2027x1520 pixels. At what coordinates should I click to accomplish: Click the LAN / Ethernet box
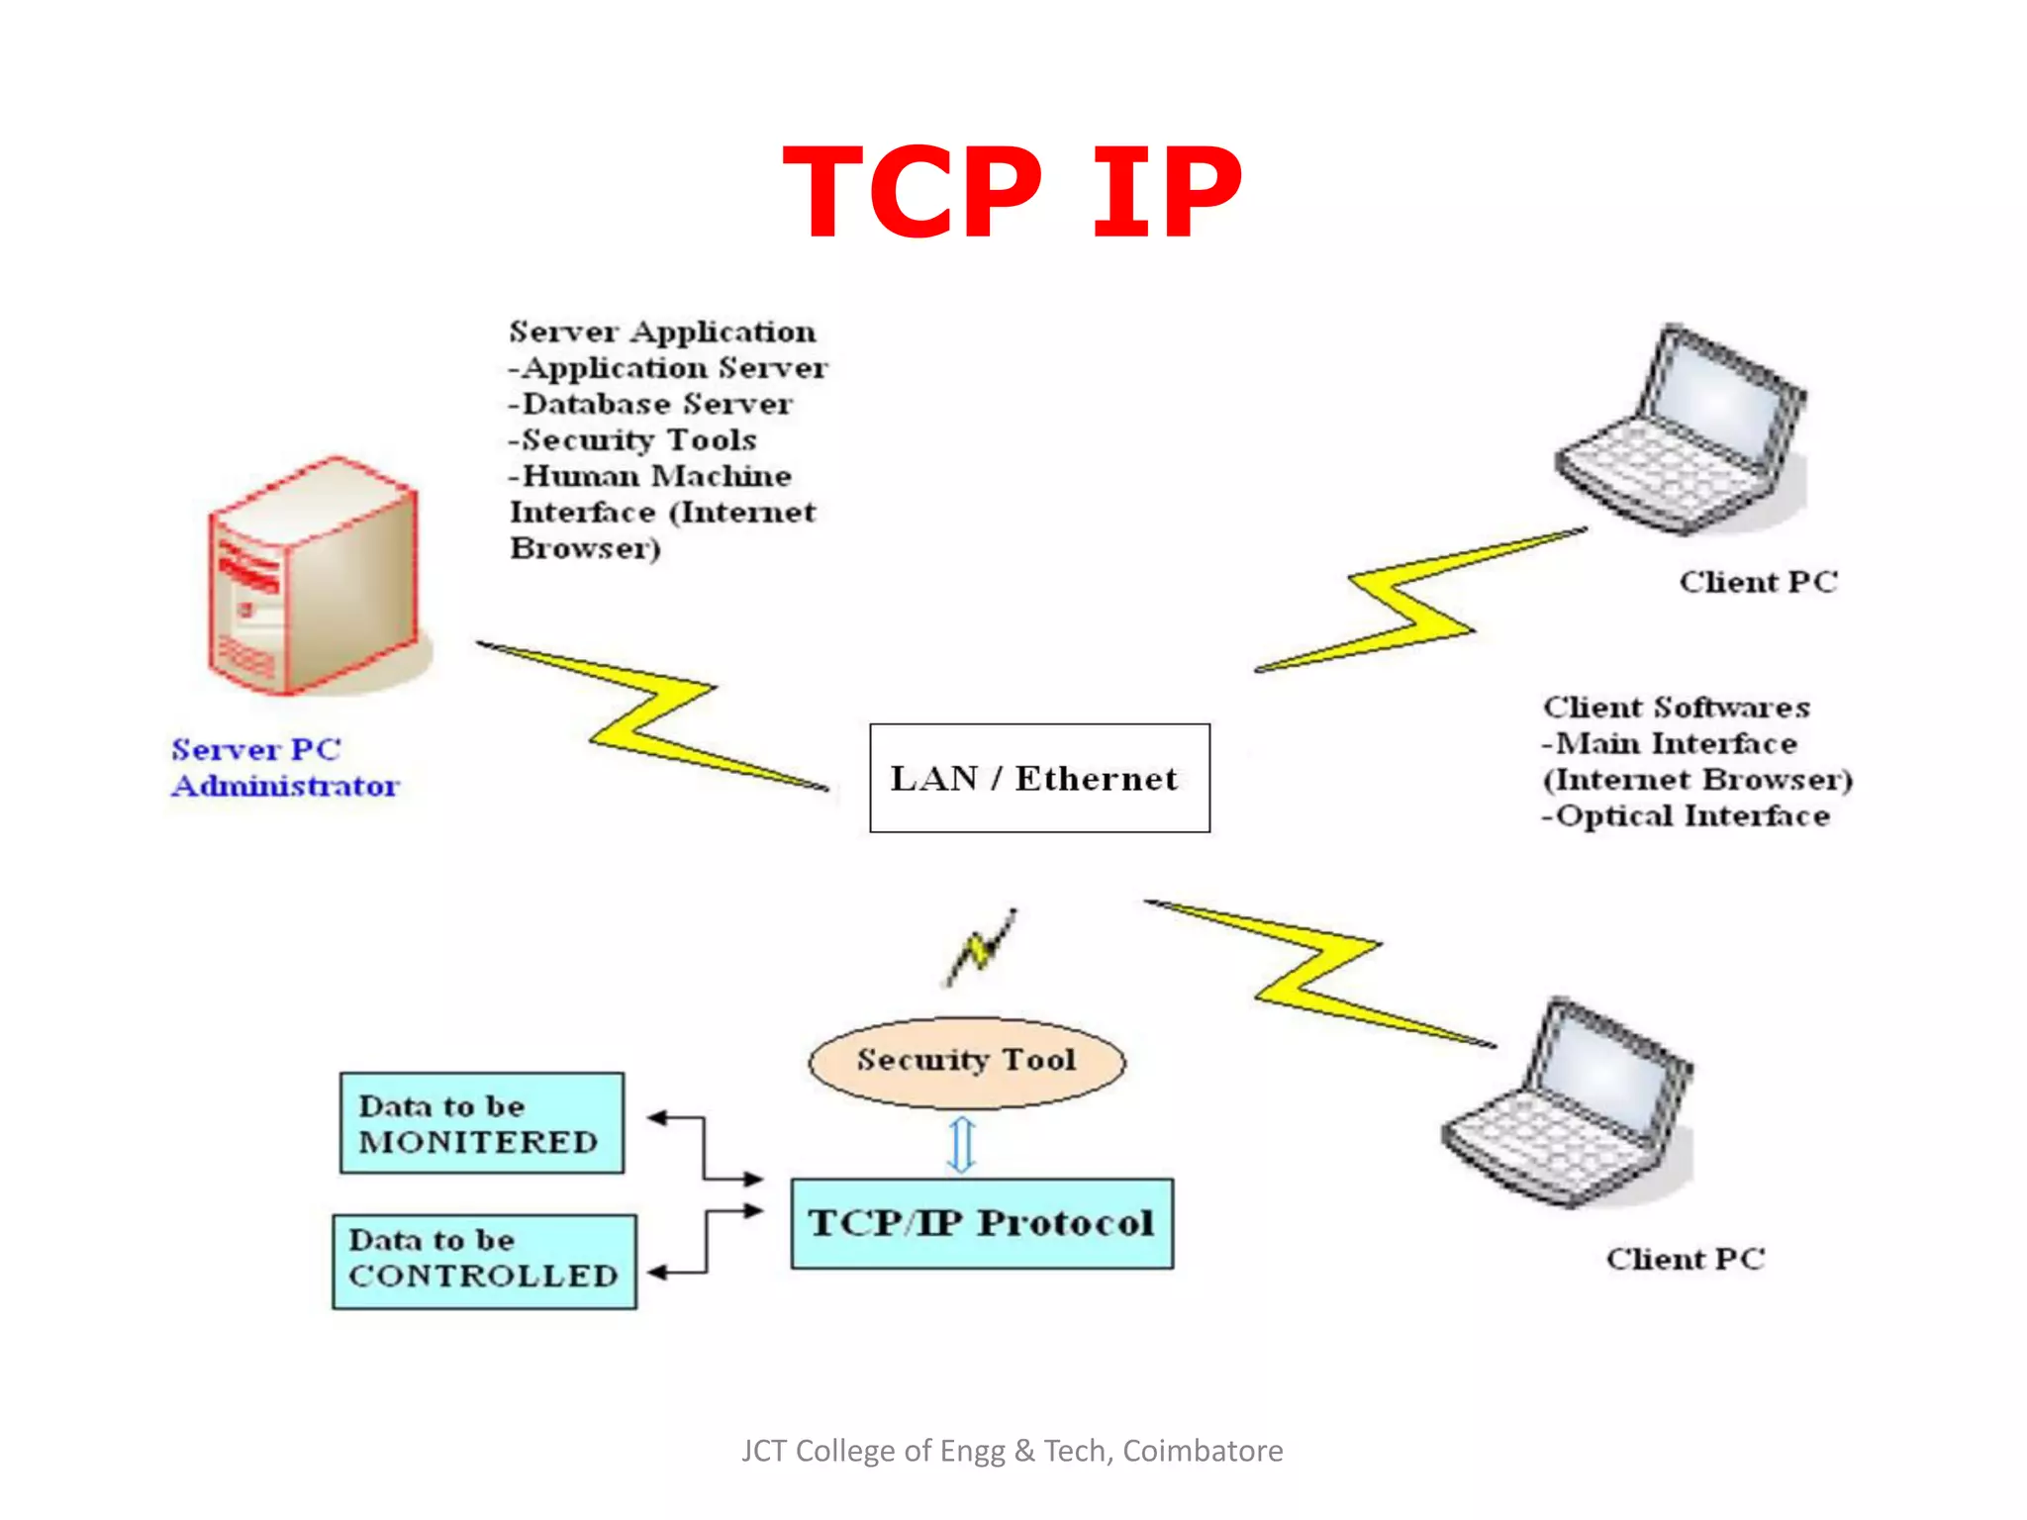[1039, 778]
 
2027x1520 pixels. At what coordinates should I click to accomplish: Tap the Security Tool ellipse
[967, 1062]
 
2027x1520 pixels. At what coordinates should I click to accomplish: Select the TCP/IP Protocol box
[982, 1223]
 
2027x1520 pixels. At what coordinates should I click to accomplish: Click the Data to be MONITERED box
[481, 1123]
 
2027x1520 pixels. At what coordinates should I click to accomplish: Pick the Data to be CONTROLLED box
[484, 1261]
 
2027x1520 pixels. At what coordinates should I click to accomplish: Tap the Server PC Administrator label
[285, 767]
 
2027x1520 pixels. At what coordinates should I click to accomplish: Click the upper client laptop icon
[1683, 430]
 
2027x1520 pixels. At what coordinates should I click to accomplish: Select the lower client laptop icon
[1569, 1103]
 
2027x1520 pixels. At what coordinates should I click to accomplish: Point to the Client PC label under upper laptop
[1758, 582]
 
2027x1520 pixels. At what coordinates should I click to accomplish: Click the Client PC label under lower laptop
[1685, 1259]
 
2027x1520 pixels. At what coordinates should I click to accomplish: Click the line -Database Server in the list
[650, 404]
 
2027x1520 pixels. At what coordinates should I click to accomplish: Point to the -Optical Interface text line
[1686, 815]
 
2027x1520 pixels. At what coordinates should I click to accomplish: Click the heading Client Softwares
[1676, 707]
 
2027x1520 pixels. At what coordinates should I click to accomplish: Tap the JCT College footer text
[1012, 1451]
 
